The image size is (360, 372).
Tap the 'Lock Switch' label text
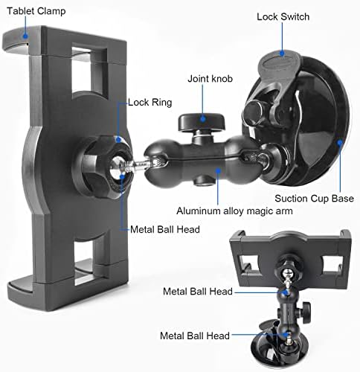pos(283,16)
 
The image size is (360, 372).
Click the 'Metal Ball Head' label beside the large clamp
pos(164,229)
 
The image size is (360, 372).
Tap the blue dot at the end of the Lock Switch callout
pos(283,54)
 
